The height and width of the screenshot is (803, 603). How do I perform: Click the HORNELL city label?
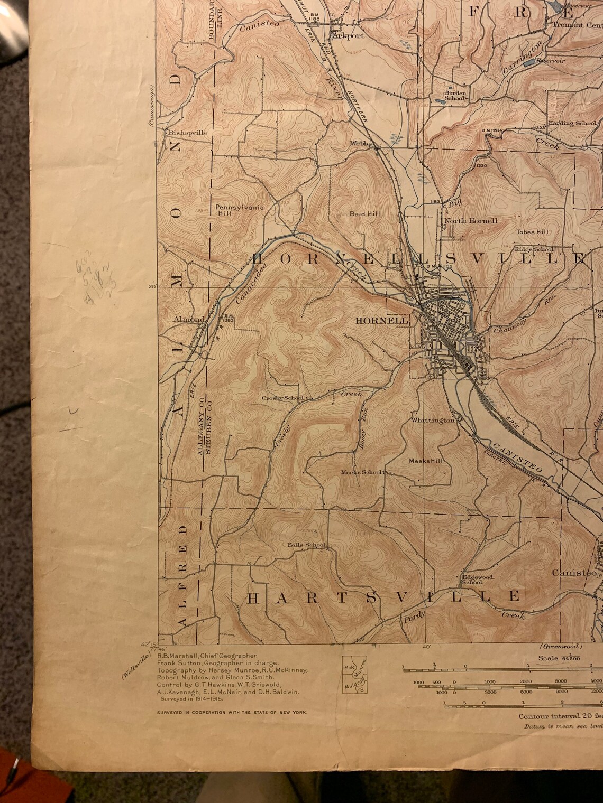pos(382,321)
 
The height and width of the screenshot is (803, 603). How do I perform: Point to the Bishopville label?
pos(188,133)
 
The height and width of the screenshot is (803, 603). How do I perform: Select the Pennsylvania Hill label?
pos(239,210)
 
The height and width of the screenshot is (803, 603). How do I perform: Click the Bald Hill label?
pos(365,214)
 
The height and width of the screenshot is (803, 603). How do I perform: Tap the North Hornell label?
pos(471,221)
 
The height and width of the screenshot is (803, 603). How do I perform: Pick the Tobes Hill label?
pos(533,232)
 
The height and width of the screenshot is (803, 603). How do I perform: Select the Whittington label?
pos(433,421)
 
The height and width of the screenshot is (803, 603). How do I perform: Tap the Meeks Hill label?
pos(426,461)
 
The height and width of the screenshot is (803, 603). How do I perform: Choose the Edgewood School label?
pos(478,580)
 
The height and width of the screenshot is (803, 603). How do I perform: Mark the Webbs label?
pos(362,143)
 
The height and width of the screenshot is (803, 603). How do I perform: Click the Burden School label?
pos(454,95)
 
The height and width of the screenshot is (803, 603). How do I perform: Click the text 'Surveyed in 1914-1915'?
pos(191,698)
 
